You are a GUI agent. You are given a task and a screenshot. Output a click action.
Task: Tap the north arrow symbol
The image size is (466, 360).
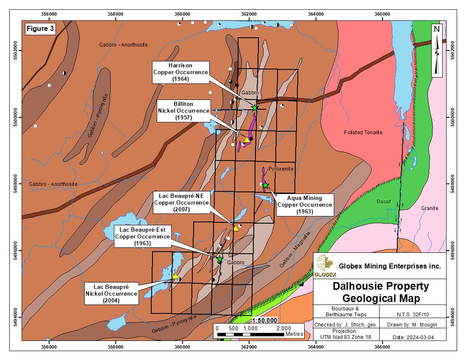[437, 50]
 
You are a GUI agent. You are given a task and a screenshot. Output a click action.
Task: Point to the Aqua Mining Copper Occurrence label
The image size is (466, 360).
[304, 205]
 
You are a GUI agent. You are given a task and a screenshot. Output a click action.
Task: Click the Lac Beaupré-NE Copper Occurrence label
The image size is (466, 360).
[181, 202]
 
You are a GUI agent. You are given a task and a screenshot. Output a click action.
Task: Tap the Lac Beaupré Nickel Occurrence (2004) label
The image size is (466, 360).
[111, 294]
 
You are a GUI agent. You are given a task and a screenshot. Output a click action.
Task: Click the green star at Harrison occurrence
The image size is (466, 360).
[255, 108]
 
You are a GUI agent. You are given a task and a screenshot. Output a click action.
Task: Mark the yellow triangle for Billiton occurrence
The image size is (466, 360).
[247, 140]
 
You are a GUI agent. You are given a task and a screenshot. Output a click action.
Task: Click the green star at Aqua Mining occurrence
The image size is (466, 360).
[265, 185]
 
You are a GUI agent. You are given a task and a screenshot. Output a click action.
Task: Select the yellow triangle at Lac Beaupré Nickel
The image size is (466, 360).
[175, 276]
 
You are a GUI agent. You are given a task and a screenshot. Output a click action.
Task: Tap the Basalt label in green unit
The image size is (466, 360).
[383, 202]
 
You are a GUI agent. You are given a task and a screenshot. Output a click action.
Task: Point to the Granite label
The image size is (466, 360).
[430, 208]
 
